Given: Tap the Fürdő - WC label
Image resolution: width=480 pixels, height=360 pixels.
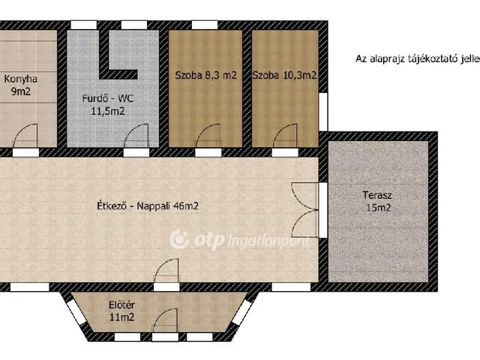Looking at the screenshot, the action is click(108, 98).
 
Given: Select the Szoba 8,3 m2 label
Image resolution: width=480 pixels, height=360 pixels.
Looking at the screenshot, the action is click(205, 75).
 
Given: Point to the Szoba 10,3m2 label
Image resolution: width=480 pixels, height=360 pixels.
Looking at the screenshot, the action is click(284, 75).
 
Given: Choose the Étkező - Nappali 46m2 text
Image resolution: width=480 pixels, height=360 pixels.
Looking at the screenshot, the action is click(148, 205).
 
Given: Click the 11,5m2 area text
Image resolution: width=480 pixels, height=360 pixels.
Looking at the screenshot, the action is click(108, 111).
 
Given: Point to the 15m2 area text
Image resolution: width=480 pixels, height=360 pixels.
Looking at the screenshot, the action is click(379, 208).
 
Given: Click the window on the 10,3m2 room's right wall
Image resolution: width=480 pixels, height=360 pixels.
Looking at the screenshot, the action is click(323, 112).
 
